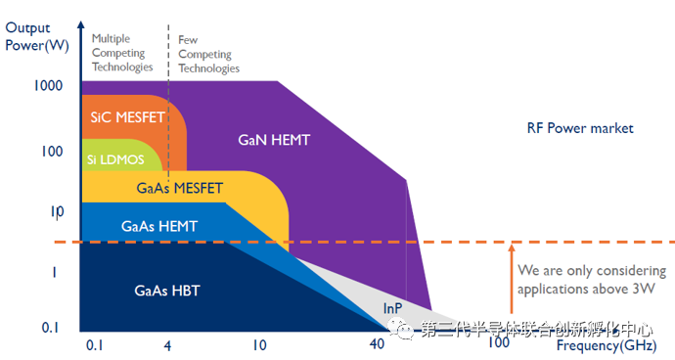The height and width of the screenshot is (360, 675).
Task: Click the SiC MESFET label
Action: pos(126,117)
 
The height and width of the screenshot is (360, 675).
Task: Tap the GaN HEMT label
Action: pos(274,140)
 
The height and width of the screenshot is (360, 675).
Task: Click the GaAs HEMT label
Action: pos(159,226)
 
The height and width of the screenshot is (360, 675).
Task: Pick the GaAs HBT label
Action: pos(165,291)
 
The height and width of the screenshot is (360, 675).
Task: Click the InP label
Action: pos(392,308)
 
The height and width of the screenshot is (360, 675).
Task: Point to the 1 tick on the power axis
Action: pos(56,271)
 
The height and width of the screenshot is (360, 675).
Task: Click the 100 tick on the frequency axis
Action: pos(498,343)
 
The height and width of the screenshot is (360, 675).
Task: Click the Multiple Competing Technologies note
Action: pos(122,53)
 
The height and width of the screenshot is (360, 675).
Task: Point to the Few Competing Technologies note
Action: pos(208,55)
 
